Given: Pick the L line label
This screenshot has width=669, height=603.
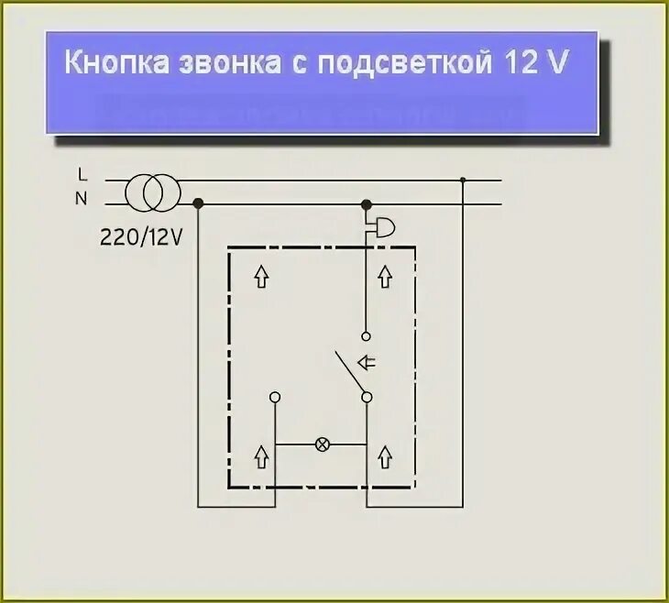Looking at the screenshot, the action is tap(83, 174).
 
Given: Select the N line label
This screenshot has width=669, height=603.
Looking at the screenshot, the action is tap(83, 198).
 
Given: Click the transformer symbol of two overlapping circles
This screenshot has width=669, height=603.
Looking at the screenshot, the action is tap(153, 192).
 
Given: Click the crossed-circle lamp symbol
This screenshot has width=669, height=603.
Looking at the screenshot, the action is tap(322, 445).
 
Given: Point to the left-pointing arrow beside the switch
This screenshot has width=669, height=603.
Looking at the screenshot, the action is tap(367, 362).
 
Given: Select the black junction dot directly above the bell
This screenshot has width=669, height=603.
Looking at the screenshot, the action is tap(367, 204).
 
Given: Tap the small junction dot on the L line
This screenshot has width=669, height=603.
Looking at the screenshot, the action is tap(463, 181).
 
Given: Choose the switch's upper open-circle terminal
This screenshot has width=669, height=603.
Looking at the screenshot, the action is tap(366, 336).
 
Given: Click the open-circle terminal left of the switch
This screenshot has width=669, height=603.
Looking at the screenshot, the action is tap(275, 397).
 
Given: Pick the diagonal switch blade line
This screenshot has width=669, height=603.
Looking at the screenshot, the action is tap(349, 372).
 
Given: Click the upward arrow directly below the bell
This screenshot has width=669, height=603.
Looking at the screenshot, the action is tap(385, 276).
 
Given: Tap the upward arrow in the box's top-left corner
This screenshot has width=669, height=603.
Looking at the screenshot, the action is tap(261, 276).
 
